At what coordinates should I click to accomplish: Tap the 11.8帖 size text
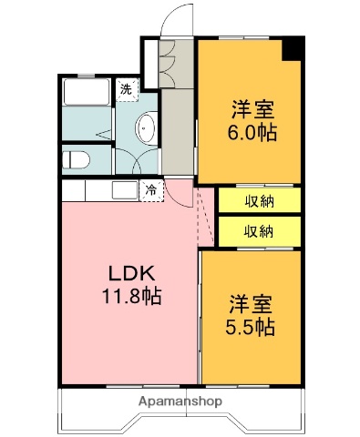131,296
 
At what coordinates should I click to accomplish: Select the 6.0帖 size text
253,131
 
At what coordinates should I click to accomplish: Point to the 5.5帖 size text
252,328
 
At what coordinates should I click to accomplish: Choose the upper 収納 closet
259,200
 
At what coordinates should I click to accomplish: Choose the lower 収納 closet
259,230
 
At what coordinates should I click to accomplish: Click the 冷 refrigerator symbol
150,191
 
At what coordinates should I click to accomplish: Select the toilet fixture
78,161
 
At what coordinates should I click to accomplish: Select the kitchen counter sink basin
123,191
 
